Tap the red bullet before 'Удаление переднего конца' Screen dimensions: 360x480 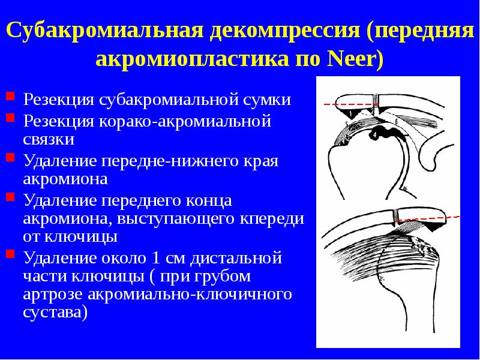tap(10, 196)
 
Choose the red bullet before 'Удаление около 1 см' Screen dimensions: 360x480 tap(10, 254)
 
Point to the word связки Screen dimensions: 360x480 tap(49, 140)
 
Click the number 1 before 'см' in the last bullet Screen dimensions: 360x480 tap(158, 257)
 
